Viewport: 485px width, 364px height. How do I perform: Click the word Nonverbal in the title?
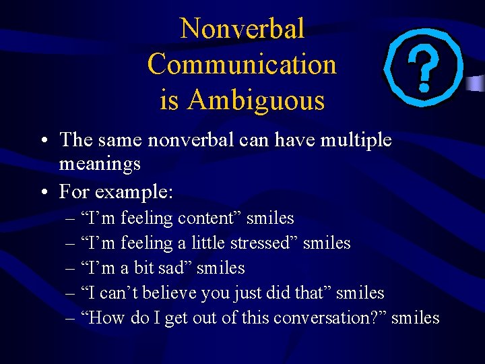[243, 29]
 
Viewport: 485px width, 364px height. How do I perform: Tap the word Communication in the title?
[242, 65]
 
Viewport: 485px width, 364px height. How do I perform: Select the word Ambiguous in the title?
[257, 100]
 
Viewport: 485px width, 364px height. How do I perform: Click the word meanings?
[100, 163]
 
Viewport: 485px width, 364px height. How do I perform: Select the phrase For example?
[116, 192]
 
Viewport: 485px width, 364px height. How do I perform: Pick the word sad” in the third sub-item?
[179, 268]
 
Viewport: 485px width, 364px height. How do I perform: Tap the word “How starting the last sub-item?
[102, 317]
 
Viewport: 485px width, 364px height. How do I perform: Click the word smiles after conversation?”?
[415, 317]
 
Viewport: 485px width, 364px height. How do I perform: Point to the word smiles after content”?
[270, 218]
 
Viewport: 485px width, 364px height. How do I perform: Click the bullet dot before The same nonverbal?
[42, 141]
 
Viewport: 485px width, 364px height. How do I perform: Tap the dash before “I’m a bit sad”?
[71, 268]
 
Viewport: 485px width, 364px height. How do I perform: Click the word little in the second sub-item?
[209, 243]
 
